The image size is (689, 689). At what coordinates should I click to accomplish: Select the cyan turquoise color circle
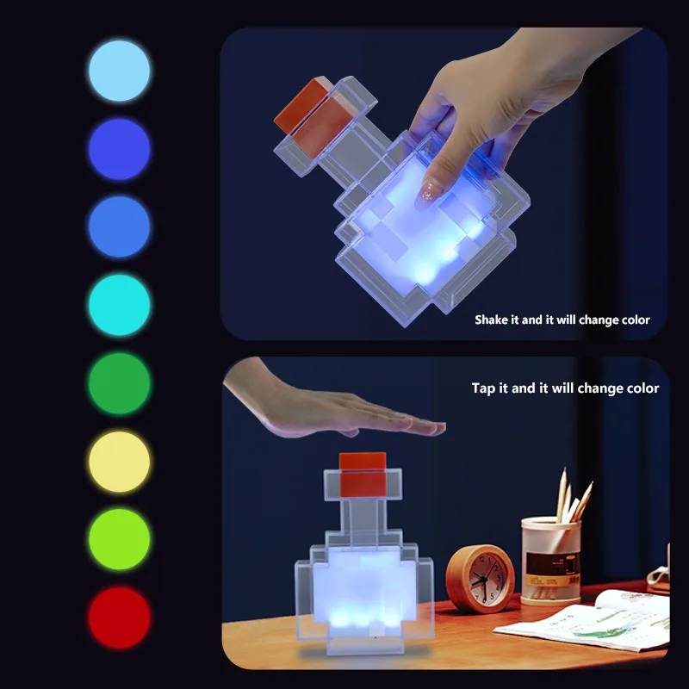119,305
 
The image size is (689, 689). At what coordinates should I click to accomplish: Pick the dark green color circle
119,383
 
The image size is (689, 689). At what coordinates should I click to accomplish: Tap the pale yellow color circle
119,462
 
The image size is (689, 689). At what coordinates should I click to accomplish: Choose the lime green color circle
119,539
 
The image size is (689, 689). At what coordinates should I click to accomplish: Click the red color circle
119,618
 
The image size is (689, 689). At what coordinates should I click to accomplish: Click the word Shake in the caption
493,320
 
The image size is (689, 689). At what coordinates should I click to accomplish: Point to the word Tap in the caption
483,388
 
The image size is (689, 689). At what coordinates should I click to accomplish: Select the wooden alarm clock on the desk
480,579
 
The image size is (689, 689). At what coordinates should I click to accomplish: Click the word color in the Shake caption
633,320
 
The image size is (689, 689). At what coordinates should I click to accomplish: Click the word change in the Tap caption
599,388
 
